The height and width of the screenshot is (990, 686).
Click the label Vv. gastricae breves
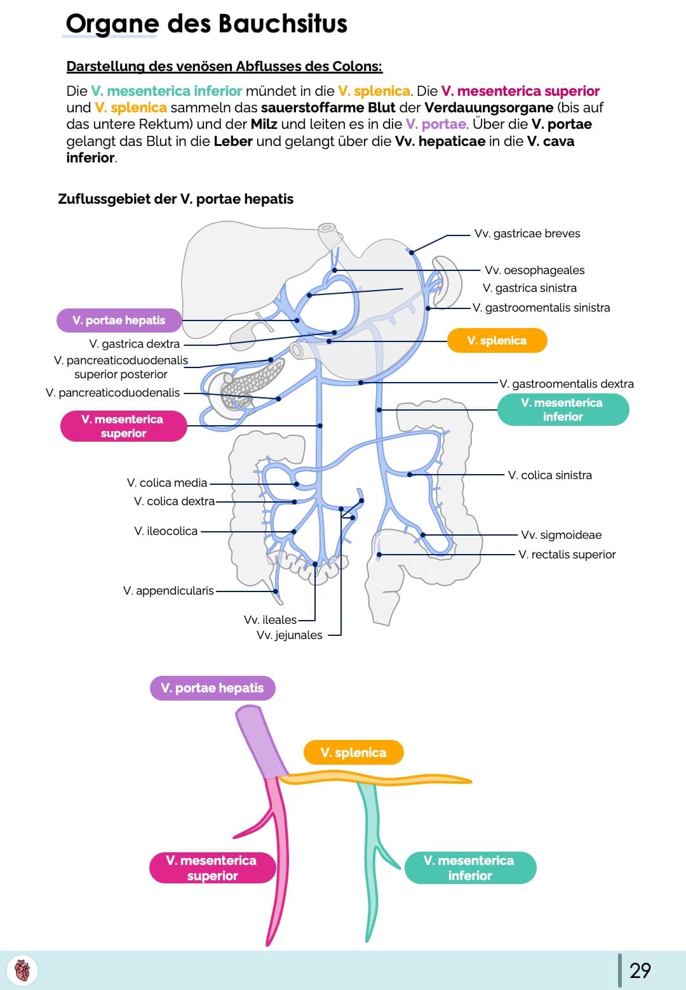pos(527,234)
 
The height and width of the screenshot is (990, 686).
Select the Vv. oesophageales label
pos(534,270)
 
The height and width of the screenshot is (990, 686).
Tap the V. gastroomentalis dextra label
pos(566,384)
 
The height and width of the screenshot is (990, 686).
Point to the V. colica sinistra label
pos(549,475)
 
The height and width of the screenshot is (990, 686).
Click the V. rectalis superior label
pos(567,555)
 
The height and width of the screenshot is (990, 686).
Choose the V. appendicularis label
pos(168,591)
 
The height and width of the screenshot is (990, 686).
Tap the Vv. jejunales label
pos(289,635)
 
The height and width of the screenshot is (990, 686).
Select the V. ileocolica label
pos(166,531)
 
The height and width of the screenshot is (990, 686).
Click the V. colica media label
pos(167,483)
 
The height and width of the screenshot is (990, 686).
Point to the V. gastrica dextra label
pos(134,344)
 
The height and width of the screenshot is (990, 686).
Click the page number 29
pos(640,970)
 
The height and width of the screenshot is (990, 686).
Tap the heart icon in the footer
pos(22,970)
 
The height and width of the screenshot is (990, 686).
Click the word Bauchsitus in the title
pos(283,24)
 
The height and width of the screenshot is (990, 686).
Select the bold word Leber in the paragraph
pos(233,141)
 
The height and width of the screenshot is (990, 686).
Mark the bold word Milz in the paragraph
pos(264,124)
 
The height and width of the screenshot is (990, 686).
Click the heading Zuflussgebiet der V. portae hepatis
pos(175,199)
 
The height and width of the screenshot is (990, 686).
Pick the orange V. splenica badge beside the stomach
pos(497,341)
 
